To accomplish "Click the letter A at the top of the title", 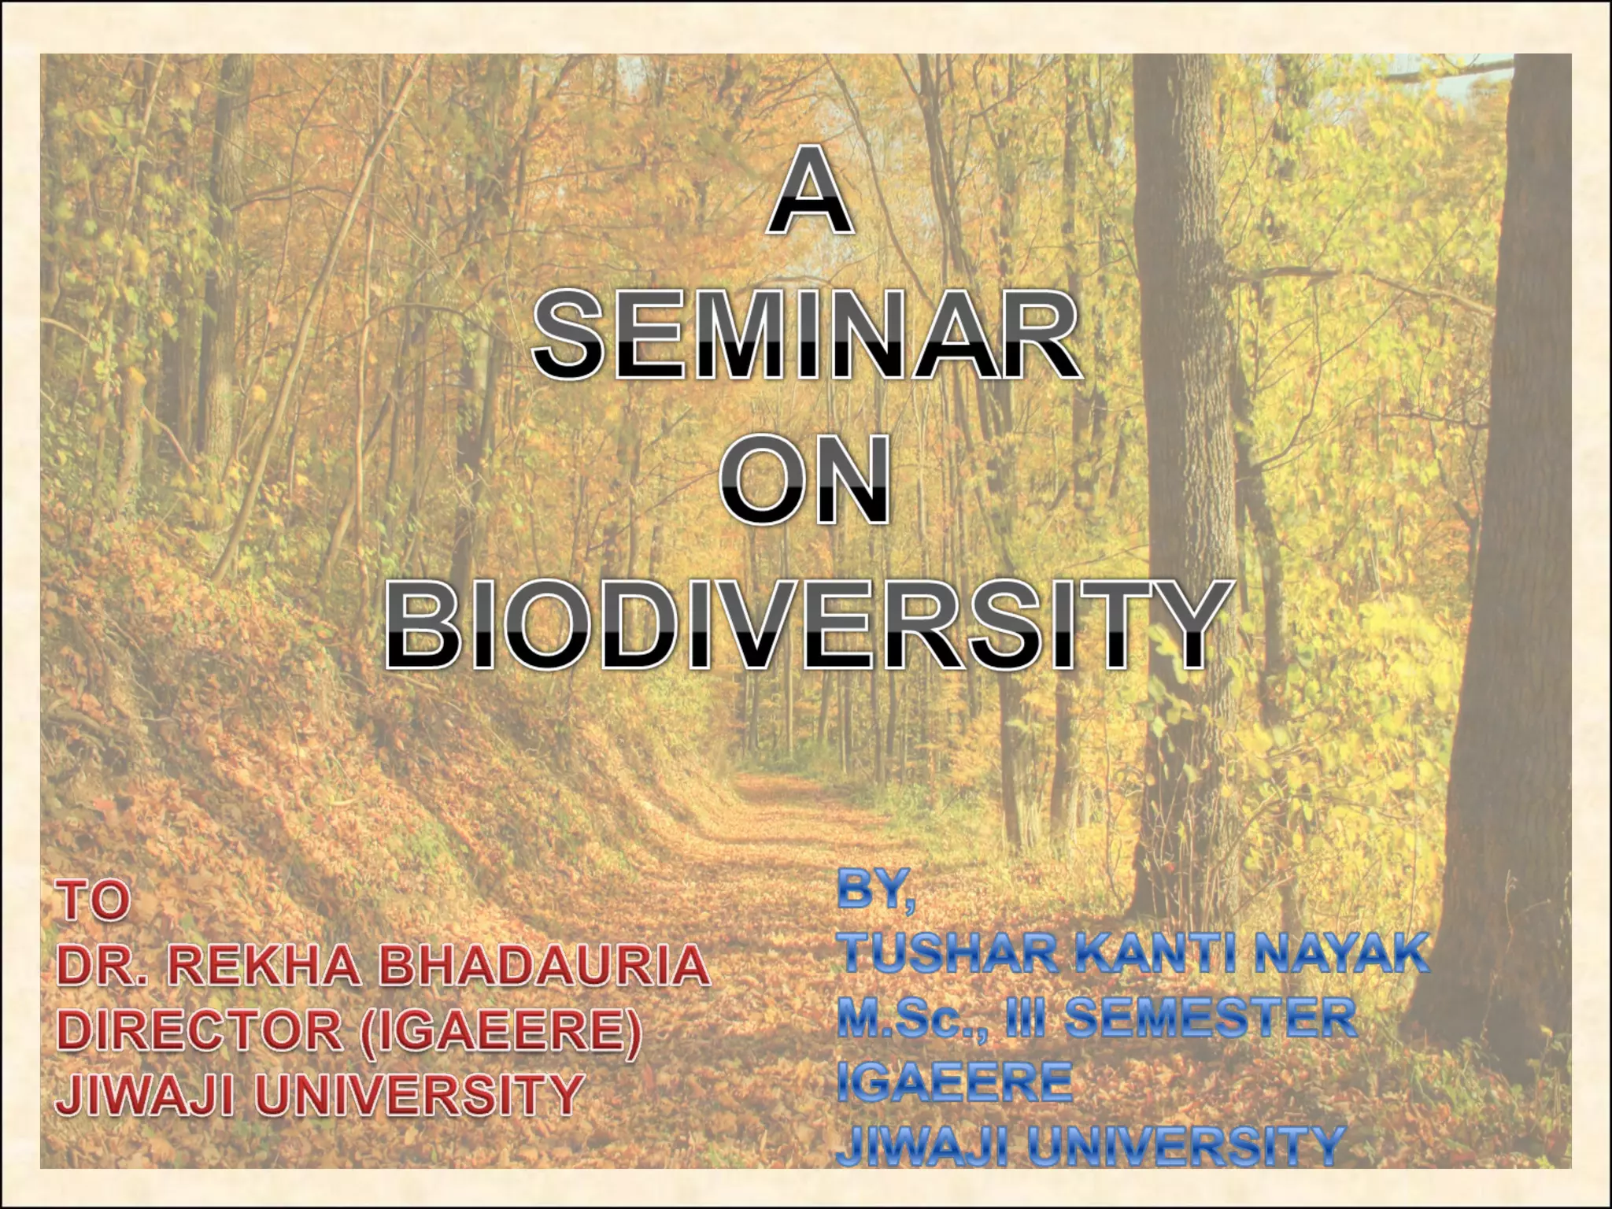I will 810,194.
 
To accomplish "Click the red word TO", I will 94,902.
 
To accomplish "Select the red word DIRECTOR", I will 200,1031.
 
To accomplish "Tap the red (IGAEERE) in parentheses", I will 501,1031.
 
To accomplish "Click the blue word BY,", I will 876,893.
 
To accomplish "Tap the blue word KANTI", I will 1158,954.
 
